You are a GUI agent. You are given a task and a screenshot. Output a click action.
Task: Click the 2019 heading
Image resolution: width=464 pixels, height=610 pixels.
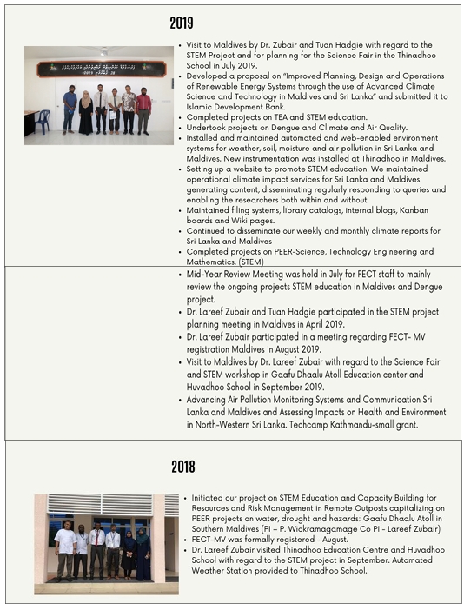click(181, 23)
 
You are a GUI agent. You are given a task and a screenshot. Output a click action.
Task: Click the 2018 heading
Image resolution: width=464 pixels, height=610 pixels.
click(182, 467)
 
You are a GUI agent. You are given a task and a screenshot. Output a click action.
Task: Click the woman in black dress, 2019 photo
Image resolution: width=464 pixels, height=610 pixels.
click(85, 114)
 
